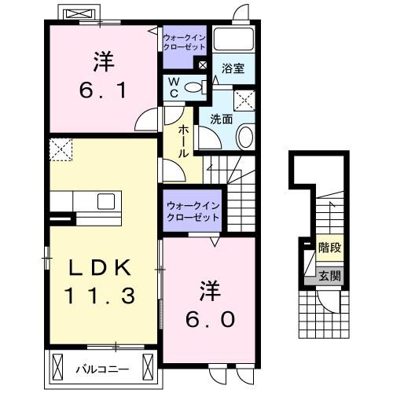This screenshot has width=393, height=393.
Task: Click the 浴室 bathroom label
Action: (233, 68)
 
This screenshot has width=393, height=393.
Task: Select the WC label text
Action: (175, 86)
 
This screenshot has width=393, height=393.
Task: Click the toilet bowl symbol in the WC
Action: (197, 87)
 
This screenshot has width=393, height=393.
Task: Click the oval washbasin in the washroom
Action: (244, 139)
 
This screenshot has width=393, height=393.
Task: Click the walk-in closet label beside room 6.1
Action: (185, 41)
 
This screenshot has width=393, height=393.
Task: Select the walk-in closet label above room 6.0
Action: (192, 211)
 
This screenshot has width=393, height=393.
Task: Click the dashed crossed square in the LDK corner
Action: (60, 147)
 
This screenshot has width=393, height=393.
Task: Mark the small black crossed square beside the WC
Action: (204, 66)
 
